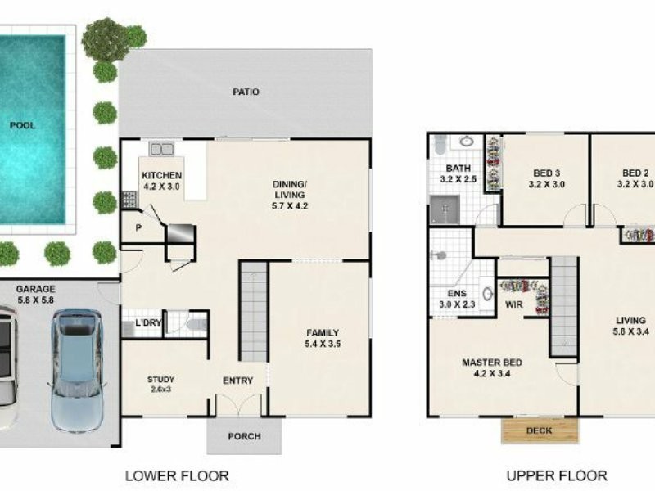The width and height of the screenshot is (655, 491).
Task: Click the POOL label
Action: point(23,125)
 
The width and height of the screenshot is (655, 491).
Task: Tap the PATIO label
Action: point(245,92)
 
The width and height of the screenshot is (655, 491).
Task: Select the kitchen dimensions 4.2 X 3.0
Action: point(160,187)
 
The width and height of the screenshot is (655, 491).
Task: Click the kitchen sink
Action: point(161,149)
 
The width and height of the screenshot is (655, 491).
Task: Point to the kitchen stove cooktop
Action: point(129,199)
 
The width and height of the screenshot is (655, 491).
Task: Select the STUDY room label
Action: point(160,380)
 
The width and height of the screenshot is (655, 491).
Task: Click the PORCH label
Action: point(244,436)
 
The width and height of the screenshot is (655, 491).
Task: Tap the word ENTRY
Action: point(237,381)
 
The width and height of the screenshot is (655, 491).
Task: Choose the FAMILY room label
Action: point(323,332)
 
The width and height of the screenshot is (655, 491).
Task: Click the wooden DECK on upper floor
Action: point(540,430)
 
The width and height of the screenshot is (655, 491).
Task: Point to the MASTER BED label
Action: point(491,363)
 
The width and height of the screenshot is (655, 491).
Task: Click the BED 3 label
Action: point(546,173)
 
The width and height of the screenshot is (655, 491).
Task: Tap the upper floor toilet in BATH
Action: point(439,144)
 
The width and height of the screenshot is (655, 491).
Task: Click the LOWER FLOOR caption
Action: point(176,475)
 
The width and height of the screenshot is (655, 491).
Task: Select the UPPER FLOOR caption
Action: point(556,475)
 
